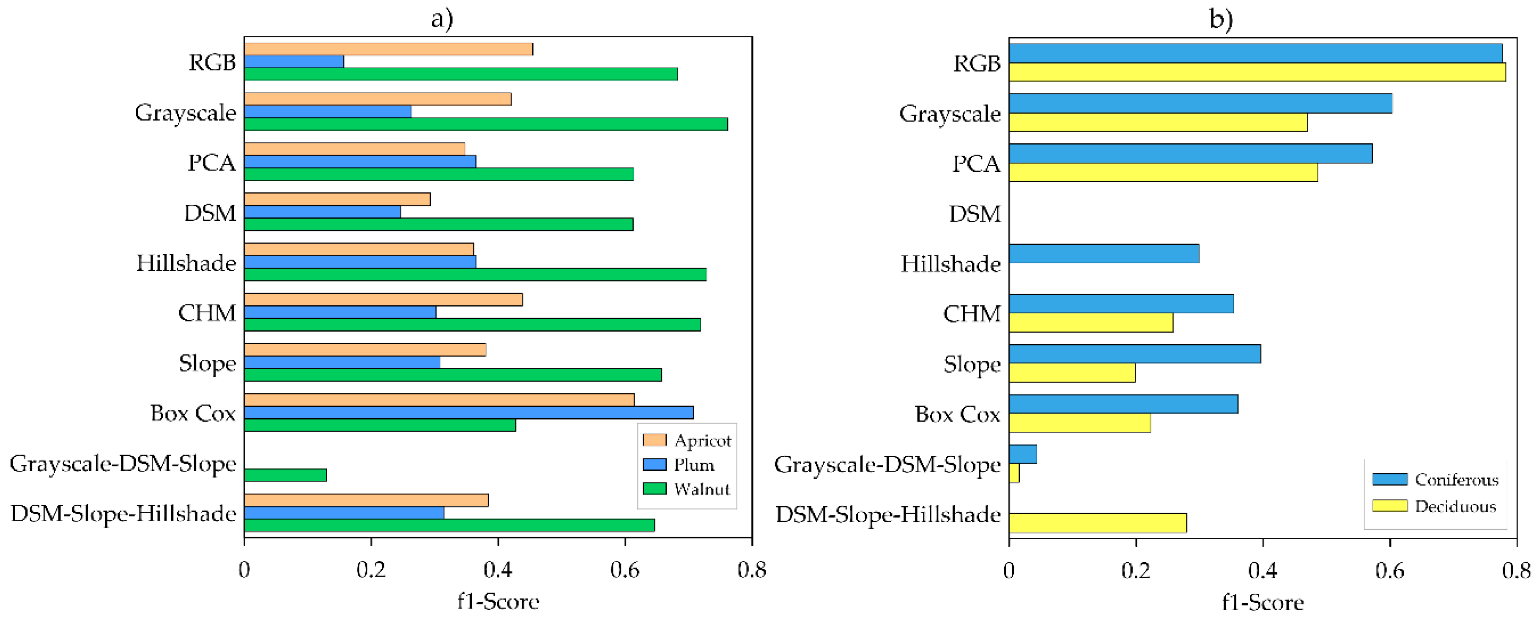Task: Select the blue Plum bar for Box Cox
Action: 468,412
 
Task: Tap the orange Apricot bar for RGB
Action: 388,49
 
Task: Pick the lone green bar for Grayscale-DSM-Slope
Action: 285,475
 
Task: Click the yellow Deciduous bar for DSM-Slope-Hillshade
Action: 1098,523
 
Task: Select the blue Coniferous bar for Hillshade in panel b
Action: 1104,253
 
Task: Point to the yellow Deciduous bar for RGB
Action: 1257,72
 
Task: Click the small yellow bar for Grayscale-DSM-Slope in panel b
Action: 1014,474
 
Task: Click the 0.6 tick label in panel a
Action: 624,570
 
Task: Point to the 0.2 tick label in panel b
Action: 1135,571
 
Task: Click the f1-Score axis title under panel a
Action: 498,601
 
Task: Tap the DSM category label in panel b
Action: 975,214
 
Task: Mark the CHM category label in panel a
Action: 207,313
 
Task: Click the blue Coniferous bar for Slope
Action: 1134,354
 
